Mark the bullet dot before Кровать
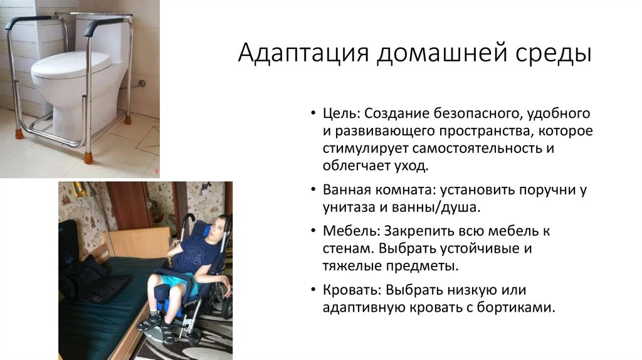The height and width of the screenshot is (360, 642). pyautogui.click(x=313, y=291)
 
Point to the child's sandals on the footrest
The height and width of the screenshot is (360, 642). pyautogui.click(x=157, y=321)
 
